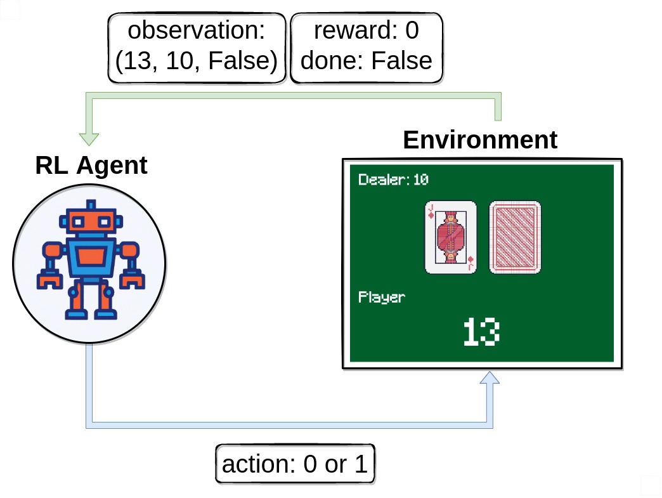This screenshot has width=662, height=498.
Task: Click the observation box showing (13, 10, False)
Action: pyautogui.click(x=197, y=48)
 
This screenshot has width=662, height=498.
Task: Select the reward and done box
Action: pyautogui.click(x=366, y=48)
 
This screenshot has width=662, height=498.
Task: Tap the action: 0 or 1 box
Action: pyautogui.click(x=295, y=465)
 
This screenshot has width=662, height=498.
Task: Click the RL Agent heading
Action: pyautogui.click(x=91, y=166)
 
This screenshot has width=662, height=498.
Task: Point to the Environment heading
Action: pyautogui.click(x=480, y=140)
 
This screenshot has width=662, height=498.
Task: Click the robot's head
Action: pyautogui.click(x=91, y=222)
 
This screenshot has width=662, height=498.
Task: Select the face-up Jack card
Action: pyautogui.click(x=450, y=237)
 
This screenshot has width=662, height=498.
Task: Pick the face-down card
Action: pyautogui.click(x=515, y=237)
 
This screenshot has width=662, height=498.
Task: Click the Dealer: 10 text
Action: pyautogui.click(x=393, y=180)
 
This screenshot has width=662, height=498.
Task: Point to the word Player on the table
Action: pyautogui.click(x=381, y=297)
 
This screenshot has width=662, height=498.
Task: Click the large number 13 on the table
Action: pyautogui.click(x=481, y=332)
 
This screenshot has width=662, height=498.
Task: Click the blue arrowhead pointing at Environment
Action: pyautogui.click(x=490, y=379)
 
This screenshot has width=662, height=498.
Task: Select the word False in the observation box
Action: pyautogui.click(x=242, y=61)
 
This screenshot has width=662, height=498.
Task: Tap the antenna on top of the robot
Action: pyautogui.click(x=91, y=206)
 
